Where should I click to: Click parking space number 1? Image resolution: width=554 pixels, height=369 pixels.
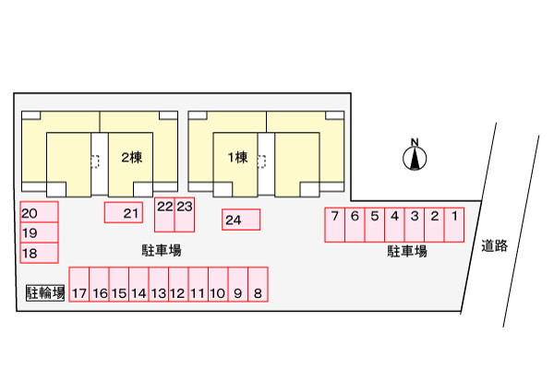tap(454, 224)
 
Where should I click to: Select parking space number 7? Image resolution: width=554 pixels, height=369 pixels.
tap(334, 224)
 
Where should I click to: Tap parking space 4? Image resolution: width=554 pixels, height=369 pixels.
tap(394, 224)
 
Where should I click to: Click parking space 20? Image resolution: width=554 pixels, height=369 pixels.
tap(39, 212)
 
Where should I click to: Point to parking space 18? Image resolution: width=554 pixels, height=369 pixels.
tap(39, 253)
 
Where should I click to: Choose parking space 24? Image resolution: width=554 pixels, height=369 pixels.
tap(240, 220)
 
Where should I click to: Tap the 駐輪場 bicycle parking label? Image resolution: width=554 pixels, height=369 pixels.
tap(44, 293)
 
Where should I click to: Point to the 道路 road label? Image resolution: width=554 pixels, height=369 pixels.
tap(495, 246)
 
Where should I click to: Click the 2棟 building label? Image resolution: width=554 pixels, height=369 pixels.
tap(132, 158)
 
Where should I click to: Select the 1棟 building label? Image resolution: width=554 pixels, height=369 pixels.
tap(238, 158)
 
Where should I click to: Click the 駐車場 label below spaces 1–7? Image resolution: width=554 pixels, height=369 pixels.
tap(407, 251)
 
